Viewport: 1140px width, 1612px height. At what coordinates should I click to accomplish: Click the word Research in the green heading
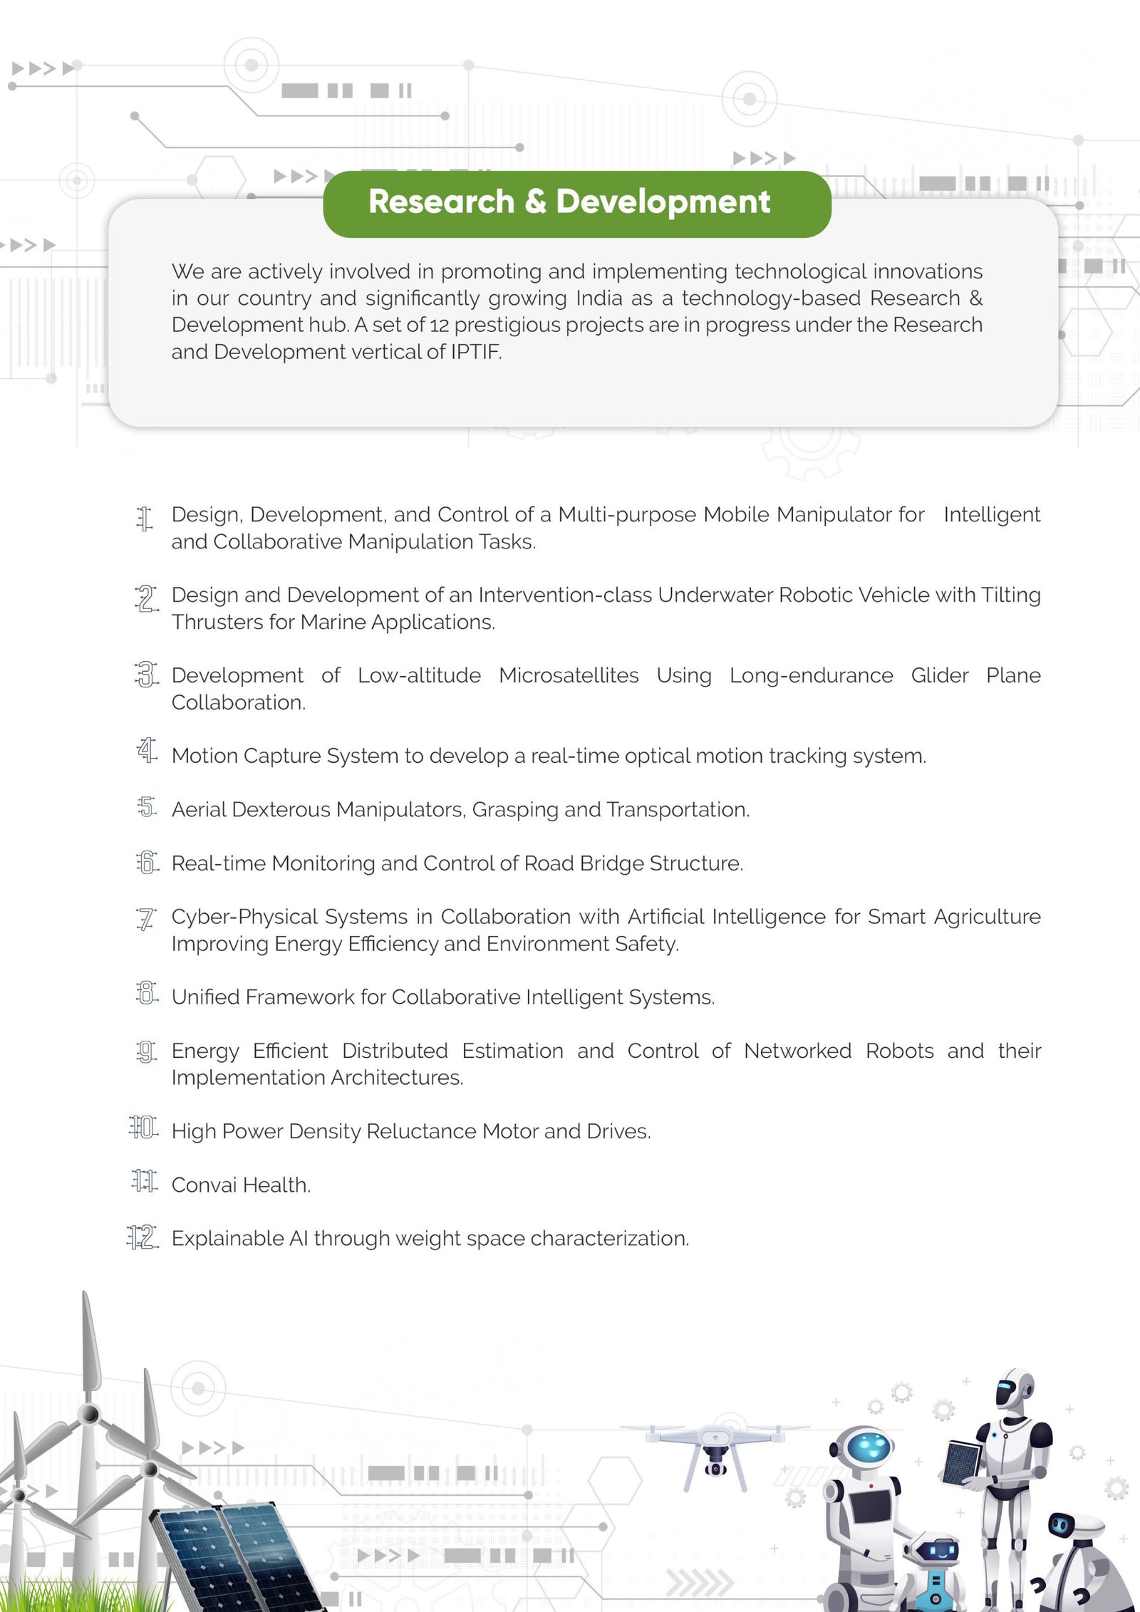click(441, 202)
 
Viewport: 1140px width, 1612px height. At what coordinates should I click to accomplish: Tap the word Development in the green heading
click(663, 202)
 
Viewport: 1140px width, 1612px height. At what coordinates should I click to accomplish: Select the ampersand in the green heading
click(535, 202)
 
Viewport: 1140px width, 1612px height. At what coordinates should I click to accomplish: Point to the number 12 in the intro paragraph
click(439, 326)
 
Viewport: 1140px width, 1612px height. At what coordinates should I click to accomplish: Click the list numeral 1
click(145, 519)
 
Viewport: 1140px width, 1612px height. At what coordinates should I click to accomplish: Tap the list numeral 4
click(147, 750)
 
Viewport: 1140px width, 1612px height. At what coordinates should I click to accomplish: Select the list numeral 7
click(145, 919)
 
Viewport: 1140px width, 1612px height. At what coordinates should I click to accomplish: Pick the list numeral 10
click(143, 1128)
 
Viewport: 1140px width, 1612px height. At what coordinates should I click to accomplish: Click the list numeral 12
click(142, 1237)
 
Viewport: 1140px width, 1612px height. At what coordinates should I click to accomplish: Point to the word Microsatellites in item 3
click(569, 675)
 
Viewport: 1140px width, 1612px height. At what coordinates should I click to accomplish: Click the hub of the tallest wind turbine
click(89, 1414)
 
